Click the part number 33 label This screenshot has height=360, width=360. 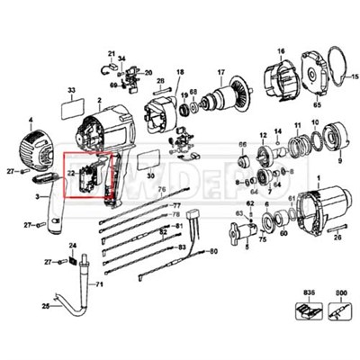coord(71,91)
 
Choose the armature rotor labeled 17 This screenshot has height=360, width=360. coord(222,102)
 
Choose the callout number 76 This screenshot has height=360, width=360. coord(163,191)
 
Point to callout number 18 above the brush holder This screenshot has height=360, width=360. coord(179,72)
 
